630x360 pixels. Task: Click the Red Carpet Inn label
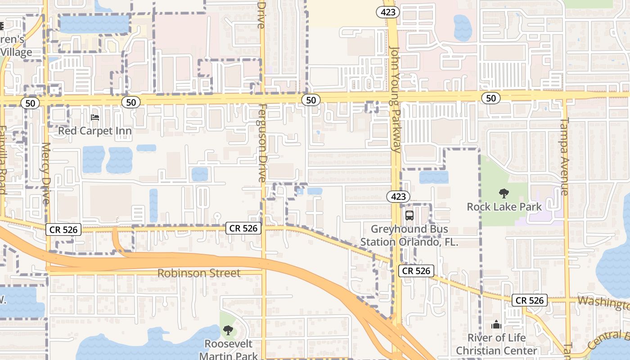click(x=95, y=131)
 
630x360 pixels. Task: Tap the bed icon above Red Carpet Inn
click(x=95, y=117)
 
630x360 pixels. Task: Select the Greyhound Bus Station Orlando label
click(x=409, y=235)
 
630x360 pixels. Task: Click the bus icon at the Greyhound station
click(x=409, y=215)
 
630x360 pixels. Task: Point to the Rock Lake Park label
click(x=504, y=207)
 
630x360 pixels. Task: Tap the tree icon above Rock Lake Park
click(x=504, y=193)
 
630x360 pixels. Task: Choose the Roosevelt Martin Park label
click(x=229, y=349)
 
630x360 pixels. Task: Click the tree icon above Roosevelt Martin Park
click(x=229, y=330)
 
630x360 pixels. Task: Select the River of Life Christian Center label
click(x=496, y=344)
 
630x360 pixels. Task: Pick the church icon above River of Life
click(x=496, y=324)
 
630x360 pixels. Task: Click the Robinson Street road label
click(x=199, y=273)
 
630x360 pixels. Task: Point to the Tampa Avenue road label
click(x=565, y=156)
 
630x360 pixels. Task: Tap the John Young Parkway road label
click(x=395, y=99)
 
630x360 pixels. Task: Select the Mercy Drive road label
click(x=46, y=173)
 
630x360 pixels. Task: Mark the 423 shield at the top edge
click(x=388, y=12)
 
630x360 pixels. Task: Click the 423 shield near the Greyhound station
click(x=398, y=196)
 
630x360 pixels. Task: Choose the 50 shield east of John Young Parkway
click(x=490, y=98)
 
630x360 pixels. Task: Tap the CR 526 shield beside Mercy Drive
click(x=63, y=230)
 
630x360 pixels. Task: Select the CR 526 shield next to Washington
click(x=530, y=300)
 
